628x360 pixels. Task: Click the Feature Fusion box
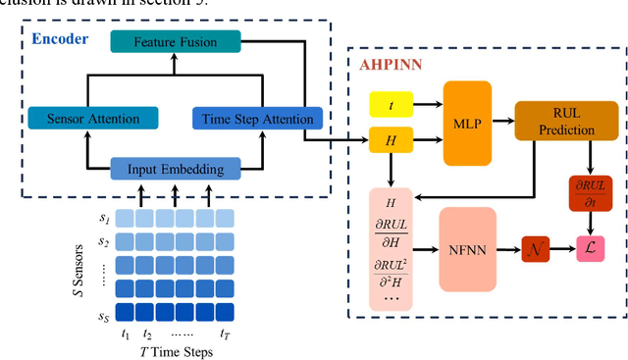176,42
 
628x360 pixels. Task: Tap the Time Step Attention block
256,119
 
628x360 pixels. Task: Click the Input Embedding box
175,169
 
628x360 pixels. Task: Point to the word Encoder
60,39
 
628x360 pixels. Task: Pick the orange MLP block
467,123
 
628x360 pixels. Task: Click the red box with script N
535,250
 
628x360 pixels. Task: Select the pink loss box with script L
590,250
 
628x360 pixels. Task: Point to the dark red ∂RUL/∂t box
590,191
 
